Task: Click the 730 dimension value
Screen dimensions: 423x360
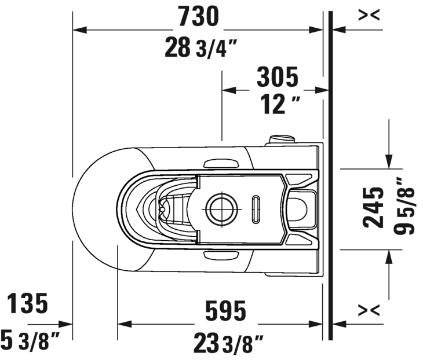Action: click(199, 16)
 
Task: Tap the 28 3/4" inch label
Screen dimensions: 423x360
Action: click(200, 47)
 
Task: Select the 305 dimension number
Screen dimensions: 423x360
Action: click(278, 76)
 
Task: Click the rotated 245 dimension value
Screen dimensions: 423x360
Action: click(373, 207)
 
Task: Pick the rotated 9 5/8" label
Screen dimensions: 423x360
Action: click(404, 206)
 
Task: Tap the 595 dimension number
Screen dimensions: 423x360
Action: click(225, 310)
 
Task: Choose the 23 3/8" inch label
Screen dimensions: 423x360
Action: click(228, 343)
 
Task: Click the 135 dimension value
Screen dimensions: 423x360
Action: click(27, 303)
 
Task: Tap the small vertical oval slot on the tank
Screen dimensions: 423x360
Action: click(256, 209)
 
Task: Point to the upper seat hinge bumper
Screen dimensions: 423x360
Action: click(221, 164)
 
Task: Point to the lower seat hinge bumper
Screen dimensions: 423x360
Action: click(221, 255)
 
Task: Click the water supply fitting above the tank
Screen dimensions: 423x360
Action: click(282, 139)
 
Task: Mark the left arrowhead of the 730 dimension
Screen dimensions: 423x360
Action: click(80, 30)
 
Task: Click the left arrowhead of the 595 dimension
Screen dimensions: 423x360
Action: click(125, 324)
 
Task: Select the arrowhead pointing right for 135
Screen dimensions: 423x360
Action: click(65, 324)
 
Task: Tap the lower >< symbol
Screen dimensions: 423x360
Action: click(369, 310)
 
